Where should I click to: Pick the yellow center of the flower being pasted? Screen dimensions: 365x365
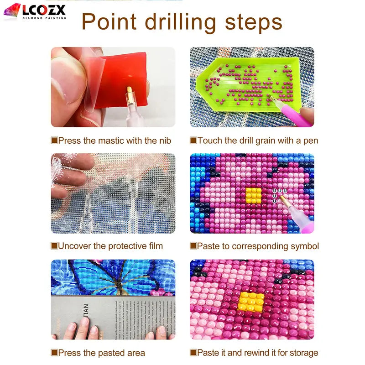pos(254,195)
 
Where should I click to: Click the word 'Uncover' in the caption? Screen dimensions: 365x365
pos(74,246)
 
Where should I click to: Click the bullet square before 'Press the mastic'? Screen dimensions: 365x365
pos(54,141)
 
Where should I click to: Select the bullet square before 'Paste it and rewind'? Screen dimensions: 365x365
pos(193,353)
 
